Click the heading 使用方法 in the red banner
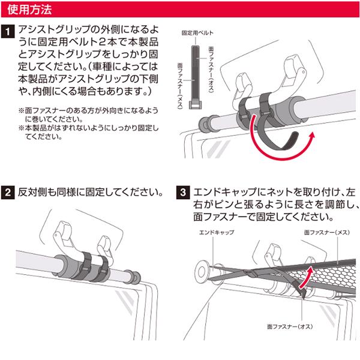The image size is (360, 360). (x=29, y=10)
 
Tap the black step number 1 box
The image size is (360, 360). (x=8, y=31)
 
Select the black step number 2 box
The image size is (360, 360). (x=8, y=193)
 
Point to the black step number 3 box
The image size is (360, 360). (x=183, y=193)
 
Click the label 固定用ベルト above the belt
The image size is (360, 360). (x=197, y=33)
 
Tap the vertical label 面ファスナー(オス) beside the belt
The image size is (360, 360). (x=211, y=70)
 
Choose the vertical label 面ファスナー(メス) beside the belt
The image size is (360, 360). (x=180, y=86)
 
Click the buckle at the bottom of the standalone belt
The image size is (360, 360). (x=196, y=104)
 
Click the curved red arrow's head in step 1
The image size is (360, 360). (x=311, y=136)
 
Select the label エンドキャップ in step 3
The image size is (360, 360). (x=217, y=233)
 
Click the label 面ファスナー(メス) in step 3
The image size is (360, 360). (x=327, y=233)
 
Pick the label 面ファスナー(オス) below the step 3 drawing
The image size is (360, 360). (x=290, y=326)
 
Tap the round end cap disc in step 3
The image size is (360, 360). (x=202, y=272)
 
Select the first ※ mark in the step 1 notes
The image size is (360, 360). (x=22, y=110)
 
